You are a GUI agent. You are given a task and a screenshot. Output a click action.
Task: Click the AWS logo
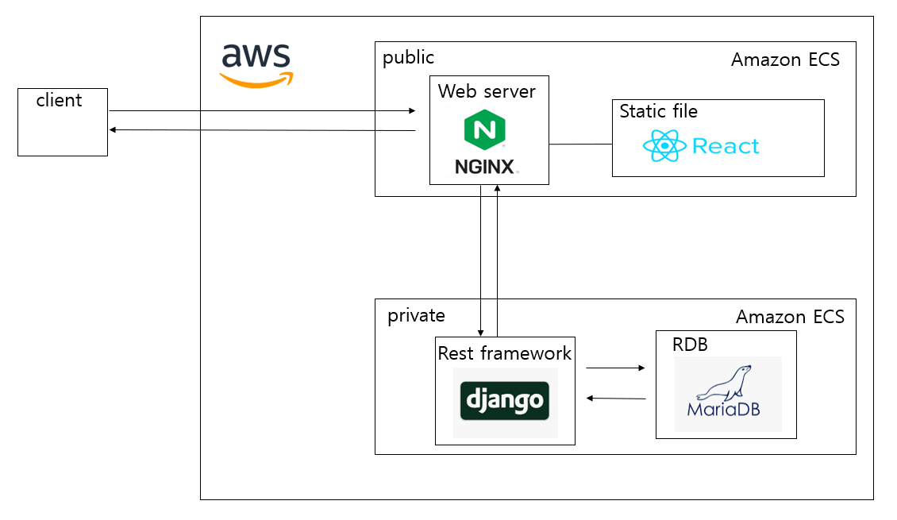256,64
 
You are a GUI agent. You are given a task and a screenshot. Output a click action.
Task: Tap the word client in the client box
59,100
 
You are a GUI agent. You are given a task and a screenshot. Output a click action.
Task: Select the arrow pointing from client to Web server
262,110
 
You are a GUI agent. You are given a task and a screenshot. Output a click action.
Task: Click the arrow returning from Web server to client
262,129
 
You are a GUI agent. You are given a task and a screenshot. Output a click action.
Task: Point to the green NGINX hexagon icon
485,129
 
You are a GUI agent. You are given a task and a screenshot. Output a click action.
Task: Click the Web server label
487,91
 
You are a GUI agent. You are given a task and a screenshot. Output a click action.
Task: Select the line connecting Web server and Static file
580,144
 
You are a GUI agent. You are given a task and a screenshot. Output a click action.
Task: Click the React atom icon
664,146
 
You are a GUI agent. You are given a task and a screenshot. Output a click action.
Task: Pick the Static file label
658,111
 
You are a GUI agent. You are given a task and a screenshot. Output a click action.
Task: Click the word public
408,58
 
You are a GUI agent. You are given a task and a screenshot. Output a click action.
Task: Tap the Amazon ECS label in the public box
784,60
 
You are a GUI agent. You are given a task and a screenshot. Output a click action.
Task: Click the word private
416,316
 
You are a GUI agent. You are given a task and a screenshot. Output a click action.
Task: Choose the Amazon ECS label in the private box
789,318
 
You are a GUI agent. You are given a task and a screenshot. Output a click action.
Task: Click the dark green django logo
504,402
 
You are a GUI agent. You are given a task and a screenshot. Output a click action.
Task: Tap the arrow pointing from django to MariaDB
615,368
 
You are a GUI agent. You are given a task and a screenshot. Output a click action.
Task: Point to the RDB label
689,345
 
